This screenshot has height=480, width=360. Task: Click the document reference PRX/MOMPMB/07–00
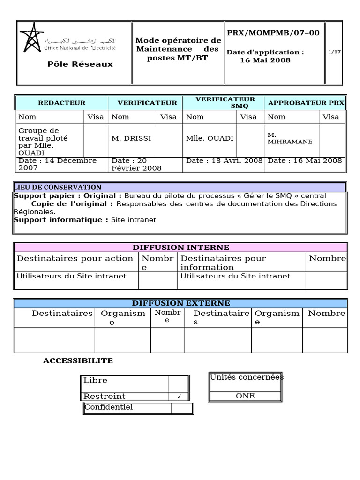point(273,33)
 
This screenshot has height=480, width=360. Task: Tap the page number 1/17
point(335,52)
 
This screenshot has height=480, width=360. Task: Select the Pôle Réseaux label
point(80,64)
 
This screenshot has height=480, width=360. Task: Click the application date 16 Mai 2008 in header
point(265,60)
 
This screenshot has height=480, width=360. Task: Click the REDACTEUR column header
point(61,103)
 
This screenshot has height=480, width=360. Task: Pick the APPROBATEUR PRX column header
point(306,103)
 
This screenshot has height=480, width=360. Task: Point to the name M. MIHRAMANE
point(290,138)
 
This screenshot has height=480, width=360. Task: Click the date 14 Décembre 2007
point(57,164)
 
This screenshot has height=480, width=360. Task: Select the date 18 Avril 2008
point(224,161)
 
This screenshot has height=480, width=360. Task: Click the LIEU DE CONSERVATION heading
point(58,187)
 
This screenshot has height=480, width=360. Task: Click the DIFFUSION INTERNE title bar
point(180,247)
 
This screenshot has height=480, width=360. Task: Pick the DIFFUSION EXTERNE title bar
point(180,303)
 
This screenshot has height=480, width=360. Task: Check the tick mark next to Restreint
point(179,397)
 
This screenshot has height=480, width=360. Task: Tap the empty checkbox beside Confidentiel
point(181,408)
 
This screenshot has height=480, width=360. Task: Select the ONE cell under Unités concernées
point(245,396)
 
